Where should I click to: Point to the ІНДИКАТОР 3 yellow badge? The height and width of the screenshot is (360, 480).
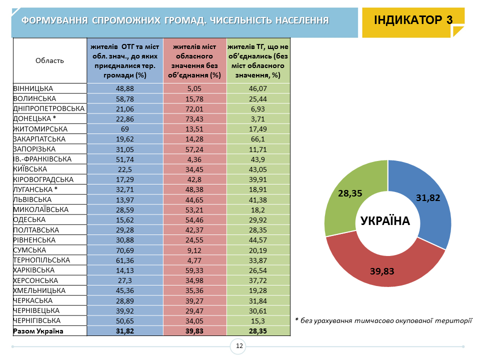coord(413,20)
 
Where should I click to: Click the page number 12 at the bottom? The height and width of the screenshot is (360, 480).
coord(239,346)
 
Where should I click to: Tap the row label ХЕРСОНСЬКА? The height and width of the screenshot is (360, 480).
coord(35,280)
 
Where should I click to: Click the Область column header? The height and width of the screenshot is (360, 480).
coord(50,60)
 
